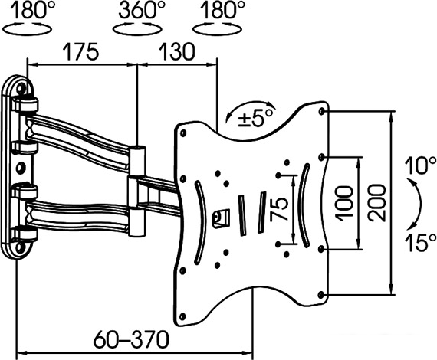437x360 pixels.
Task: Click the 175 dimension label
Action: point(80,52)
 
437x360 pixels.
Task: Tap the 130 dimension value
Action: point(177,52)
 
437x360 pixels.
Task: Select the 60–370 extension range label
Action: point(131,339)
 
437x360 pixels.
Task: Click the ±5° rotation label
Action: point(255,119)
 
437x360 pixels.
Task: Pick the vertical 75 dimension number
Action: point(280,209)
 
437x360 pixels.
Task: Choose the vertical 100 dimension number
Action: point(345,204)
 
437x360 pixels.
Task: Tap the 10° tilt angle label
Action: point(420,166)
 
